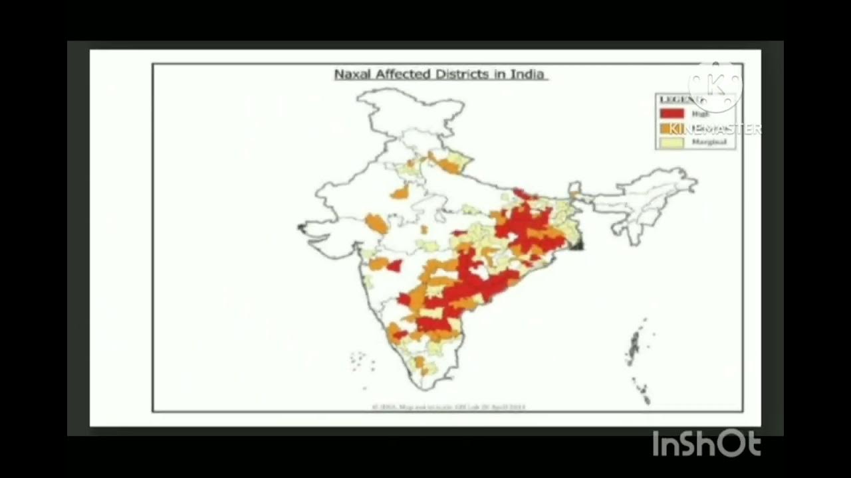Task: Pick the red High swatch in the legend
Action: point(671,114)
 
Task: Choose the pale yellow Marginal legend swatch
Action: point(671,141)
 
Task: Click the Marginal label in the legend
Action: point(708,141)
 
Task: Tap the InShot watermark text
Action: point(706,443)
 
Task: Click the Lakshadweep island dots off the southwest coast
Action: point(362,362)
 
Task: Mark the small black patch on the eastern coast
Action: point(577,243)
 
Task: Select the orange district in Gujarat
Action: point(376,223)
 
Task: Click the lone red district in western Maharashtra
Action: point(394,266)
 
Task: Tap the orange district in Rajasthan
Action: point(400,193)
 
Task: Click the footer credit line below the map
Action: point(449,406)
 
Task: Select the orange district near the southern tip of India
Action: point(420,362)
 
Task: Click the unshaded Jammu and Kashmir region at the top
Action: point(409,110)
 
